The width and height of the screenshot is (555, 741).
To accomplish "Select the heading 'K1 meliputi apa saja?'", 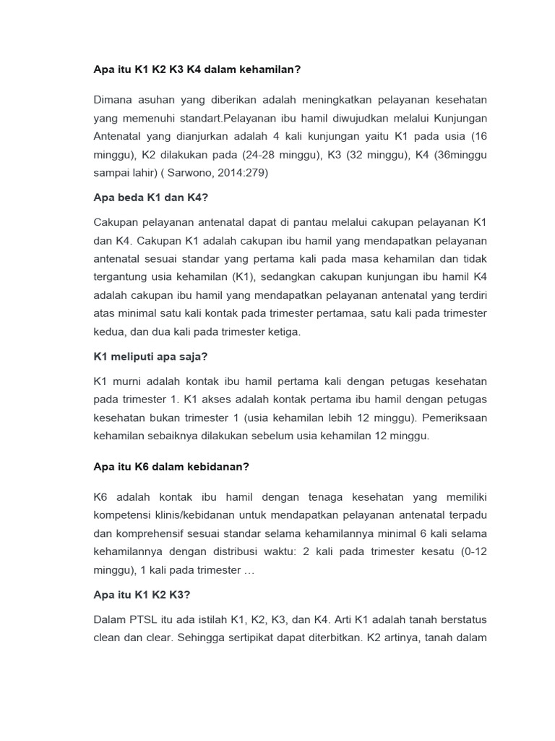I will point(151,356).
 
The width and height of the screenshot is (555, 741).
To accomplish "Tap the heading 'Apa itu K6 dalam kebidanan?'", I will point(171,467).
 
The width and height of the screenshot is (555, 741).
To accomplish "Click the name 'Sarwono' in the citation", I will point(194,174).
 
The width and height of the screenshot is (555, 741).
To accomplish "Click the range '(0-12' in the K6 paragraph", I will point(470,551).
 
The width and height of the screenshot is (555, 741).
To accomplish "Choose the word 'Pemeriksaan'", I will point(455,418).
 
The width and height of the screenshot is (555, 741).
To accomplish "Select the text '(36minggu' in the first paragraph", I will point(462,155).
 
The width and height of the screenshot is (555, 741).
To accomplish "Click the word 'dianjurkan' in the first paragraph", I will point(192,136).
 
